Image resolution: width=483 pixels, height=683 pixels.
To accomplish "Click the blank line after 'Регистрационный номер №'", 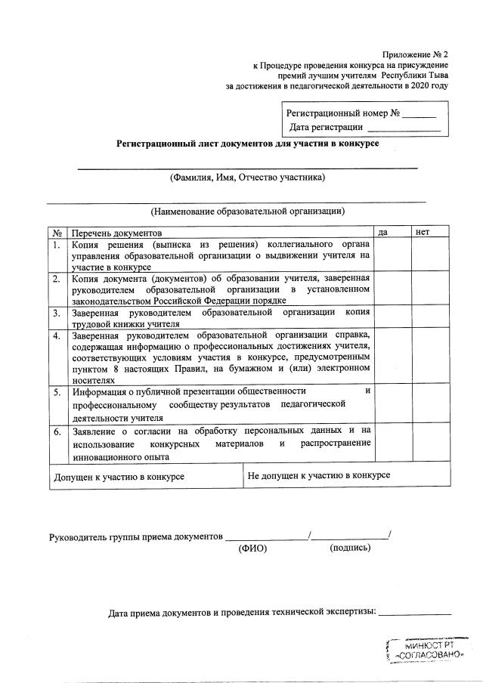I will point(419,116).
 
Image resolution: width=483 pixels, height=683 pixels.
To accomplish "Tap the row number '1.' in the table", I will point(57,245).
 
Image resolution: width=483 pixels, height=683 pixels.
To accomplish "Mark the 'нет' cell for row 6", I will point(431,443).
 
